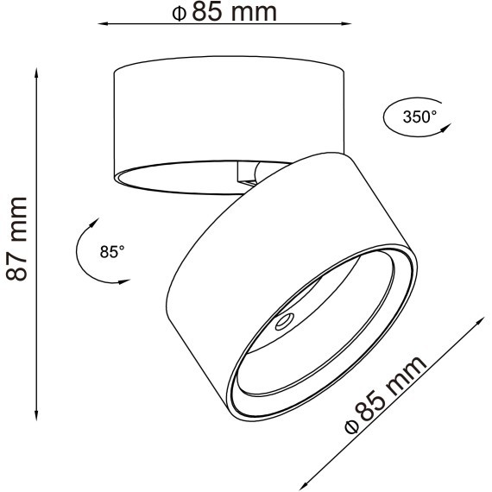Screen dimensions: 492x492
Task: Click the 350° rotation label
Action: tap(420, 117)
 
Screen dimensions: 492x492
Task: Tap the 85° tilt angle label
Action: tap(112, 252)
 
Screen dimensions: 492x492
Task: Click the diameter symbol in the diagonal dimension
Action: tap(350, 426)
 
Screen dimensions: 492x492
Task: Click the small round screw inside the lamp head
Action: tap(282, 325)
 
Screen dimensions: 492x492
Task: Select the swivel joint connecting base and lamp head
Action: tap(248, 173)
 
